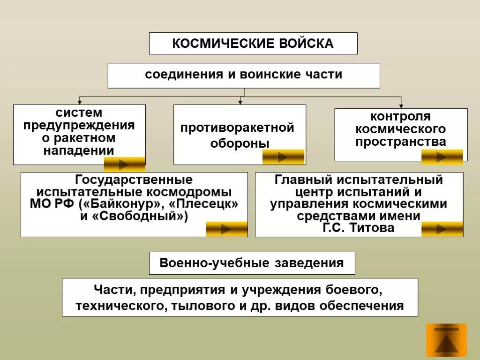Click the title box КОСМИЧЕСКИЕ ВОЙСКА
coord(253,44)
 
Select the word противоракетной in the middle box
coord(238,127)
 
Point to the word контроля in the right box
coord(400,116)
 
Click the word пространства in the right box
coord(400,142)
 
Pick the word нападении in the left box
coord(79,150)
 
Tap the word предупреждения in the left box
coord(79,126)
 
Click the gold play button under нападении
coord(124,165)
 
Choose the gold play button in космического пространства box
coord(442,157)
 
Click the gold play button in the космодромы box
coord(226,229)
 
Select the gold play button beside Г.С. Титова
coord(442,229)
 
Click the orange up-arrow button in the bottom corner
coord(446,340)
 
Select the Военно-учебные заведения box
coord(252,263)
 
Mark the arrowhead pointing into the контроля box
coord(401,106)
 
